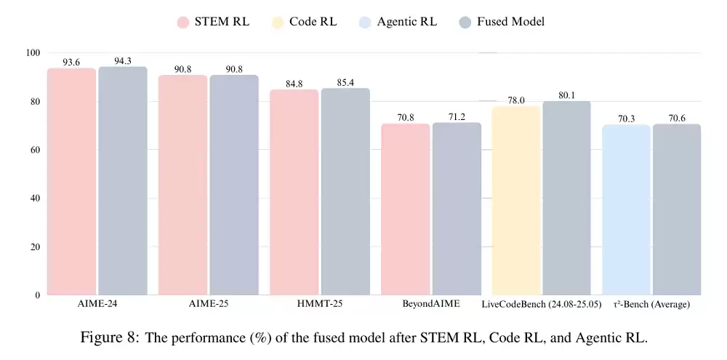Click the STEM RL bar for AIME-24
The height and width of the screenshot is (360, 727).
tap(72, 182)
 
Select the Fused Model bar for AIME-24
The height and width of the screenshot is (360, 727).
tap(123, 181)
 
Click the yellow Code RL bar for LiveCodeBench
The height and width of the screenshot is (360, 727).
tap(516, 201)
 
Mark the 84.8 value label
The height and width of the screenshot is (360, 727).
tap(294, 84)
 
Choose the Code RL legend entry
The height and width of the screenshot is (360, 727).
tap(305, 22)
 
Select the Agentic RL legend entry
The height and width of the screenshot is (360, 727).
tap(398, 22)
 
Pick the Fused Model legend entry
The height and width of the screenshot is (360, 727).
tap(502, 22)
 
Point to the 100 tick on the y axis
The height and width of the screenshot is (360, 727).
tap(33, 53)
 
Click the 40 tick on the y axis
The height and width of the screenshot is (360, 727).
tap(35, 198)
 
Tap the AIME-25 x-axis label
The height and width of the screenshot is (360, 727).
tap(209, 304)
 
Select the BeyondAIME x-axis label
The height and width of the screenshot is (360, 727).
tap(431, 304)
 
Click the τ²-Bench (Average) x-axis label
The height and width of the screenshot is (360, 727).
tap(651, 304)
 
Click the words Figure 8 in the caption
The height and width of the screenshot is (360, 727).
tap(110, 337)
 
